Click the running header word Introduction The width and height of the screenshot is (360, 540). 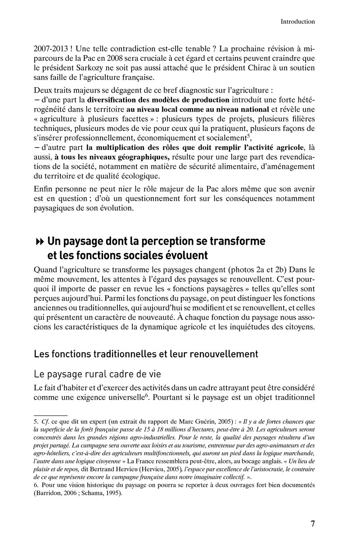click(297, 21)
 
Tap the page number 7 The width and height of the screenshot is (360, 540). click(312, 524)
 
